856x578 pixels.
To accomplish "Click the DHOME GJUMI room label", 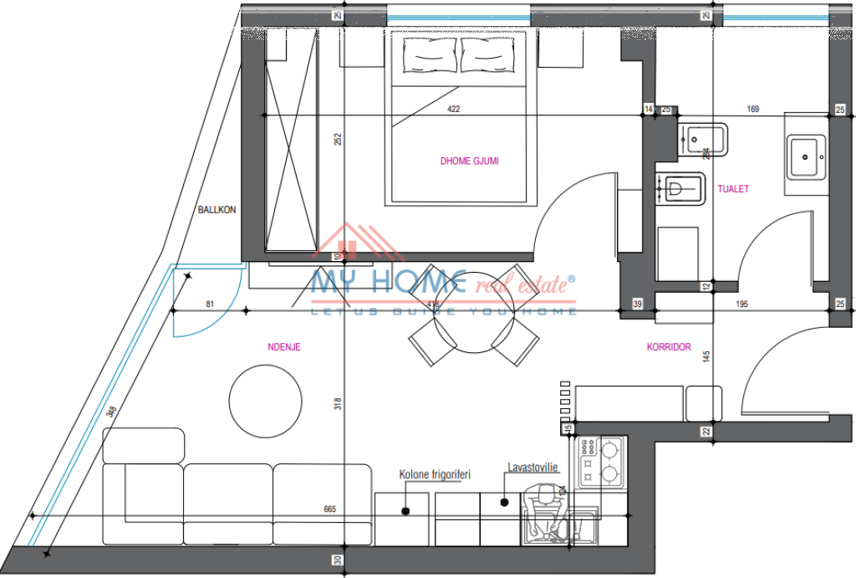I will pyautogui.click(x=469, y=161).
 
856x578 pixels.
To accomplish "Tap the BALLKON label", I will pyautogui.click(x=217, y=210).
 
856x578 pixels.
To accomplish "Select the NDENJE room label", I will pyautogui.click(x=283, y=346).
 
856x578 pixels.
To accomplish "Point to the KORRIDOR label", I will pyautogui.click(x=668, y=346).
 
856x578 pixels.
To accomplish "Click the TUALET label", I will pyautogui.click(x=733, y=189).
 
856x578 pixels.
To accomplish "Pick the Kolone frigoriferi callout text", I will pyautogui.click(x=435, y=474).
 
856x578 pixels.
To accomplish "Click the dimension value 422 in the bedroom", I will pyautogui.click(x=454, y=109).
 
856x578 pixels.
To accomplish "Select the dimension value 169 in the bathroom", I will pyautogui.click(x=753, y=109).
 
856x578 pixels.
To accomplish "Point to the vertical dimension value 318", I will pyautogui.click(x=338, y=403).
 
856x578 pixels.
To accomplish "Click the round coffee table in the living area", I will pyautogui.click(x=266, y=402).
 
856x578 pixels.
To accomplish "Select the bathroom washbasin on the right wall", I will pyautogui.click(x=805, y=156).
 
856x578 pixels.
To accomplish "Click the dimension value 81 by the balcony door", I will pyautogui.click(x=210, y=304).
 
